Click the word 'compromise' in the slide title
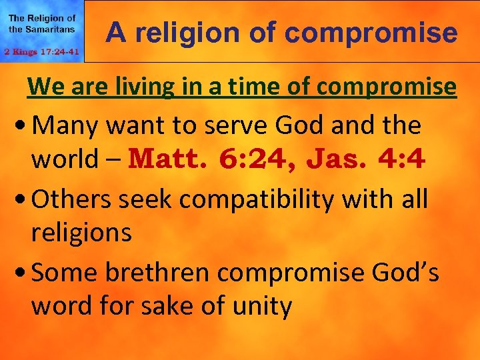tap(386, 32)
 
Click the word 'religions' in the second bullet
tap(81, 233)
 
